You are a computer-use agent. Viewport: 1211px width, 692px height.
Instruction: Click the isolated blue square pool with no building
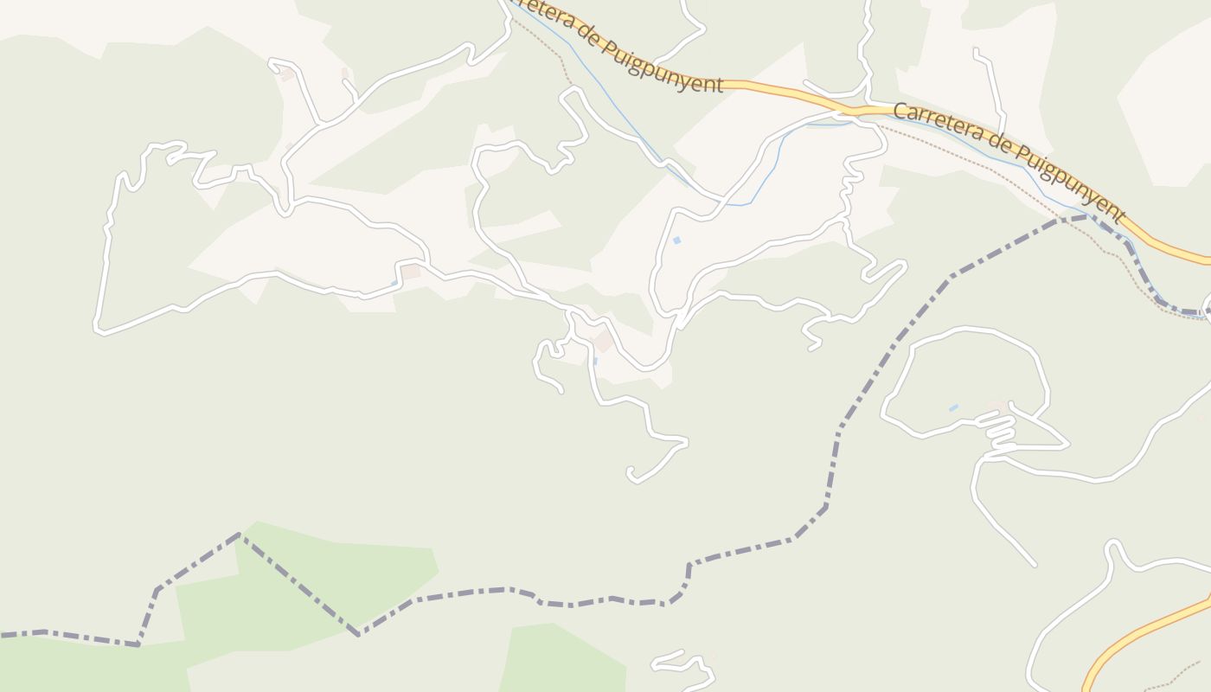point(676,240)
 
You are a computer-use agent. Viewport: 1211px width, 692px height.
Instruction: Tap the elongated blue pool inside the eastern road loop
point(953,407)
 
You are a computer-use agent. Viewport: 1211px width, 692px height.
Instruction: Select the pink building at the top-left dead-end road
point(287,75)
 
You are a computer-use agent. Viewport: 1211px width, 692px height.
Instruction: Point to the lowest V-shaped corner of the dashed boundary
point(358,635)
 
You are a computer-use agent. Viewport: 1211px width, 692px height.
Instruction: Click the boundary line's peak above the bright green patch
point(240,535)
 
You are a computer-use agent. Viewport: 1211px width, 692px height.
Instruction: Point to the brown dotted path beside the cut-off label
point(554,52)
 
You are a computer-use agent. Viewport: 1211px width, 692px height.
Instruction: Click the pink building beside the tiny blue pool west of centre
point(411,272)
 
